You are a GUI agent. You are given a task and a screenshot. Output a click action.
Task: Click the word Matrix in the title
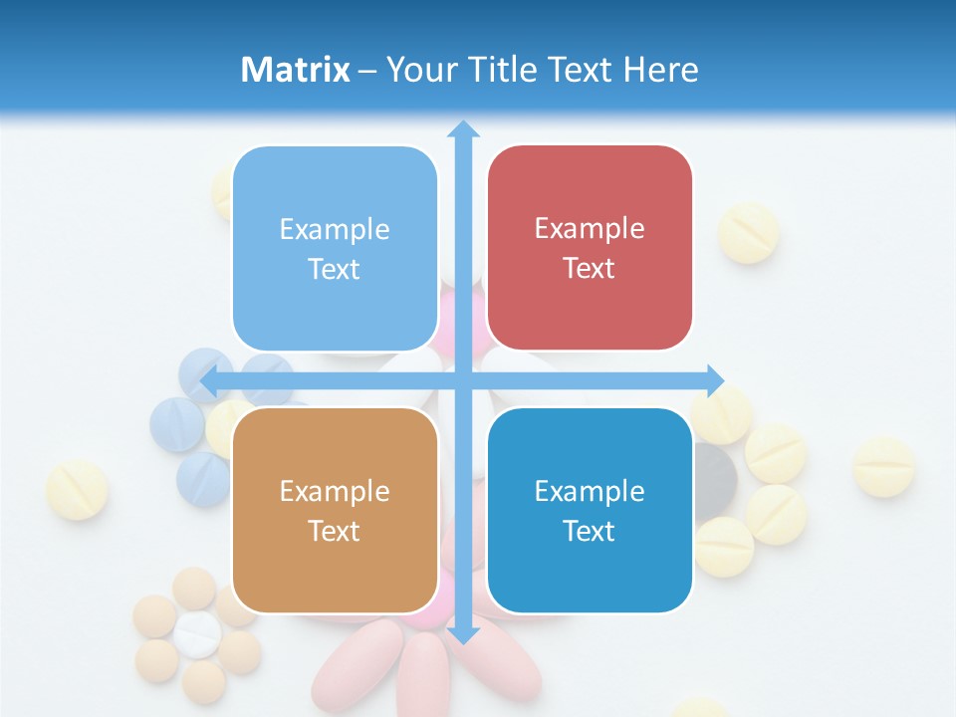(295, 70)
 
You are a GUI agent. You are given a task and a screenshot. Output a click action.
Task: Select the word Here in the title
(661, 70)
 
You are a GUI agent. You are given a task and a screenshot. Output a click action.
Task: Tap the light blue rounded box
(335, 249)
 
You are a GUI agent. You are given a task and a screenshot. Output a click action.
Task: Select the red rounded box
(590, 249)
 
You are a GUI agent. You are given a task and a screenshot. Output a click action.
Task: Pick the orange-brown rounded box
(335, 511)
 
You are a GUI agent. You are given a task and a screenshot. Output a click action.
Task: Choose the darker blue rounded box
(590, 511)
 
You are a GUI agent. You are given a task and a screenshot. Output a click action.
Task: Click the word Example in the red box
(590, 229)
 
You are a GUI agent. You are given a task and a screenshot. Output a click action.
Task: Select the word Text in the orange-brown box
(335, 531)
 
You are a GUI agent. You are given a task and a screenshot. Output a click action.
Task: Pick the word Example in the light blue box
(335, 230)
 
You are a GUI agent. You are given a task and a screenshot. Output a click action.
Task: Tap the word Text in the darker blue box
(590, 531)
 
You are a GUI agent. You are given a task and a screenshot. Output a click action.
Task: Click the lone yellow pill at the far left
(78, 489)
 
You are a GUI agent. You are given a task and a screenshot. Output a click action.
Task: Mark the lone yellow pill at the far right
(883, 466)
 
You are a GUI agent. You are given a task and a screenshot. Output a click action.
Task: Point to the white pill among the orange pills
(197, 633)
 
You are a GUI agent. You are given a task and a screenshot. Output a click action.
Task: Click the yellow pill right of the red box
(748, 232)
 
